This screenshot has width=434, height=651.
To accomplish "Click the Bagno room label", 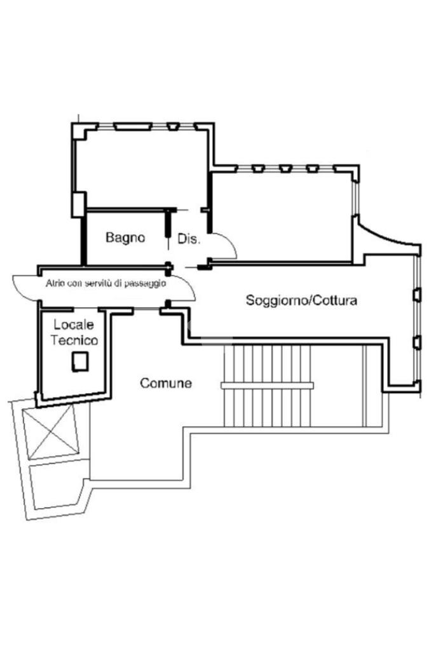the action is point(125,238).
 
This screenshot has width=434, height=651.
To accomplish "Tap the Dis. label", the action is point(189,239).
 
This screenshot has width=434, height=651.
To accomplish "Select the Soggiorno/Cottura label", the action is point(301,300).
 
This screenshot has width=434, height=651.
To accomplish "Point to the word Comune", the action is point(166,383).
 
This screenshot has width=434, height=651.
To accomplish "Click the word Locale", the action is point(74,325).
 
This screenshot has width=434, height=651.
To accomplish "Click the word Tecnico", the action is point(75,340).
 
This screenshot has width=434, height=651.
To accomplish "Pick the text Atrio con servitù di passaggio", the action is point(105,283).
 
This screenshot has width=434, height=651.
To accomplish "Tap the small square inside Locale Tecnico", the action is point(79,363).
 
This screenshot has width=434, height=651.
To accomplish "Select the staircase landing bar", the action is point(266,385).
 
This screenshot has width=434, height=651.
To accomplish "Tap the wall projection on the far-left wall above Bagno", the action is point(79,203).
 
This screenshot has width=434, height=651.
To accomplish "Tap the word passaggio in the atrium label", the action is point(146,283).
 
